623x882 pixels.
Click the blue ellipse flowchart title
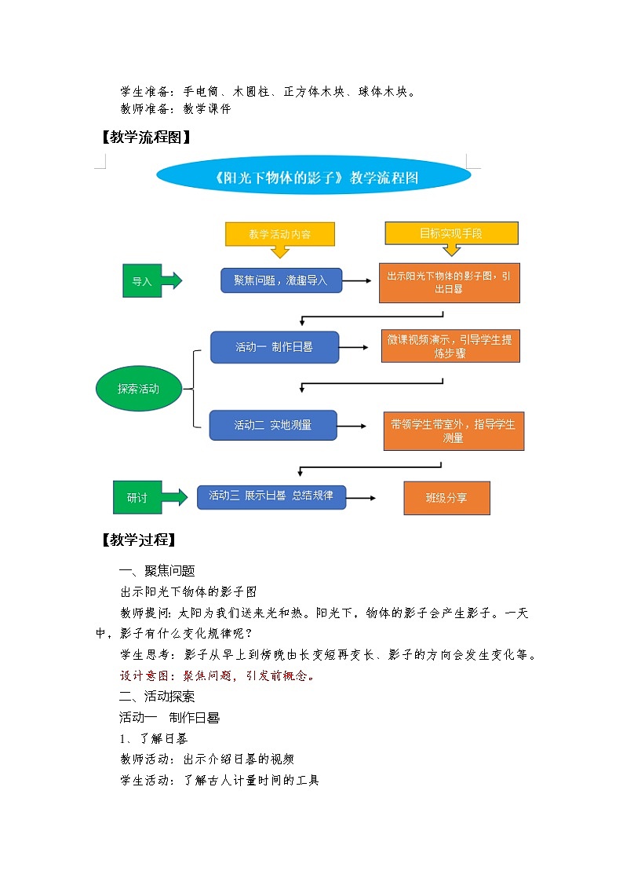coord(314,177)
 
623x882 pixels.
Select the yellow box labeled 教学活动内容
coord(280,234)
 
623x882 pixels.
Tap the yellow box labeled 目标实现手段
coord(451,233)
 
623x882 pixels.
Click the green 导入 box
coord(142,281)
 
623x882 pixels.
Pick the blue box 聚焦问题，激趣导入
coord(281,280)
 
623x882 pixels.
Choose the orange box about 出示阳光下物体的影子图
coord(449,283)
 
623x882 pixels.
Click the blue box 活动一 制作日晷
coord(274,346)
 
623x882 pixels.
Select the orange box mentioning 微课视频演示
coord(450,346)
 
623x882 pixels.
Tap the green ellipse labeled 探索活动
coord(138,388)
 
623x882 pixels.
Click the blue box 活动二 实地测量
coord(273,425)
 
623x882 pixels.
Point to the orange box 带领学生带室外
coord(453,431)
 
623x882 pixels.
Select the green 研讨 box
coord(137,497)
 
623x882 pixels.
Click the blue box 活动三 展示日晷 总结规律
coord(271,496)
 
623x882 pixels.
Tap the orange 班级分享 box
coord(446,498)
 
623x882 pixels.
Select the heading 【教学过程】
coord(138,540)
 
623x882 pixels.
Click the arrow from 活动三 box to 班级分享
coord(362,498)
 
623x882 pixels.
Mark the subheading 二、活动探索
coord(157,696)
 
